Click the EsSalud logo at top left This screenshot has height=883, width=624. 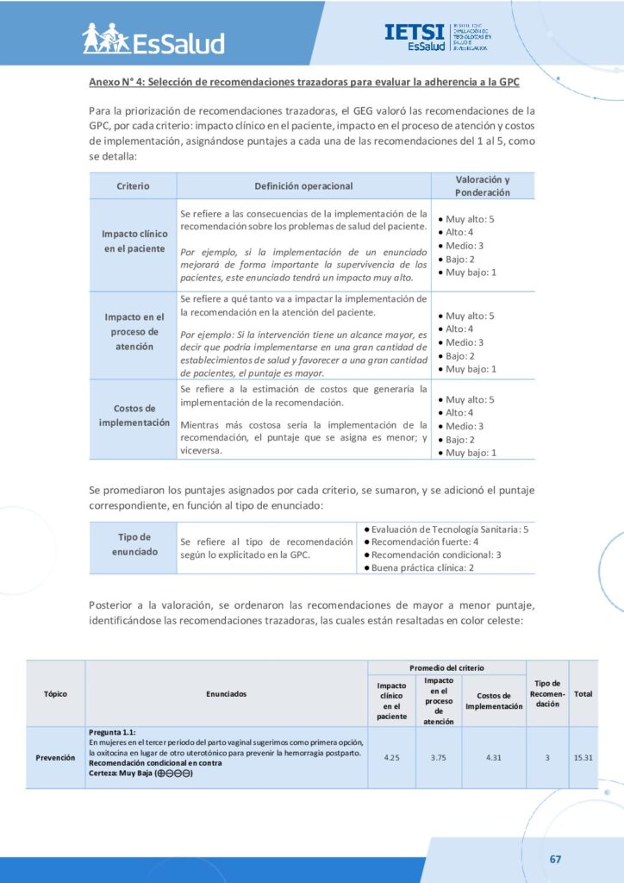pos(153,39)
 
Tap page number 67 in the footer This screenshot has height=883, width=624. pos(555,859)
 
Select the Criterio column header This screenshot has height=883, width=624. pos(133,185)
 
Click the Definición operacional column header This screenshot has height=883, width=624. pos(303,185)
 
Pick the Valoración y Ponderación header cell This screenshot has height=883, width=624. pos(482,185)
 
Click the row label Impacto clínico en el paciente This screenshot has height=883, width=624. pos(133,241)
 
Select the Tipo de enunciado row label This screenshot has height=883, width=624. pos(134,544)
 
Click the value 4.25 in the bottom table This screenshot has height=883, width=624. pos(391,757)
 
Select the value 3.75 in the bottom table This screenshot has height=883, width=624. pos(439,757)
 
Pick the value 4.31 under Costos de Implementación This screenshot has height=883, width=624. pos(494,757)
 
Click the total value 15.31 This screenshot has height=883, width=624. pos(583,757)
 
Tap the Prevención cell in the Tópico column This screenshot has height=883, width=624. pos(55,757)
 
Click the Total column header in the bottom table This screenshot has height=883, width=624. pos(583,694)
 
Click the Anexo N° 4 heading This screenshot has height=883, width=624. pos(304,82)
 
